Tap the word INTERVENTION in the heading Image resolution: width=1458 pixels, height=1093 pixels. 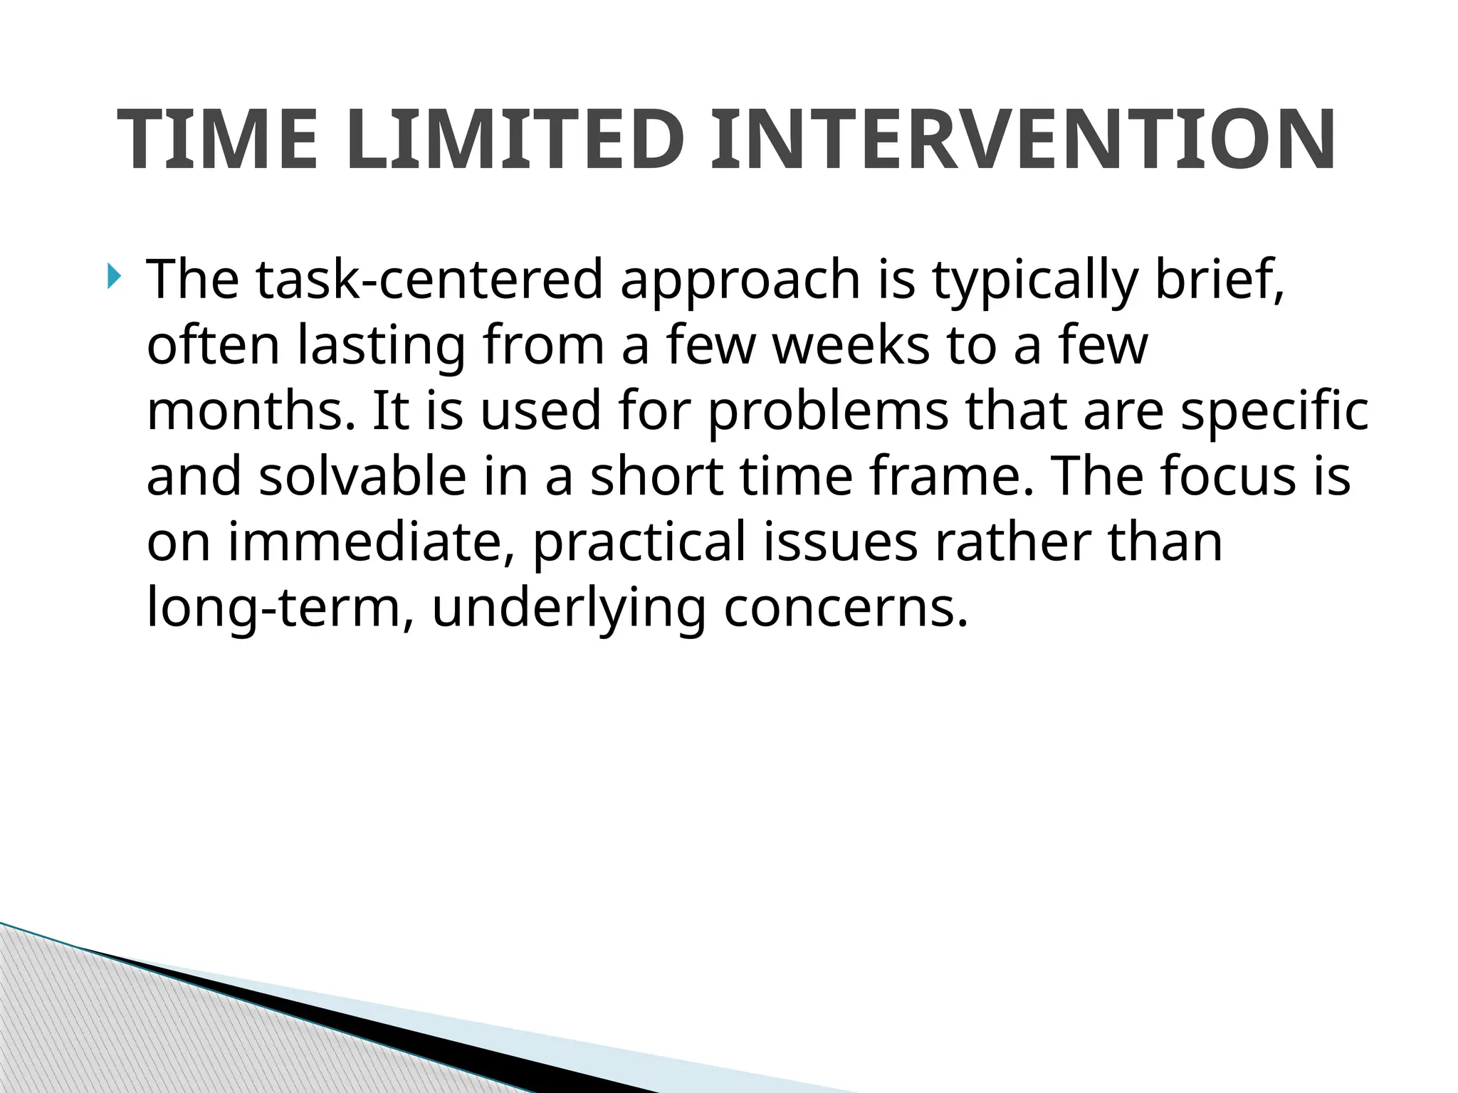tap(1023, 140)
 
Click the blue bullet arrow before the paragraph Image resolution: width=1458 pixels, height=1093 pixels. tap(115, 276)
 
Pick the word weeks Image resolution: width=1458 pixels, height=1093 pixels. tap(851, 345)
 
